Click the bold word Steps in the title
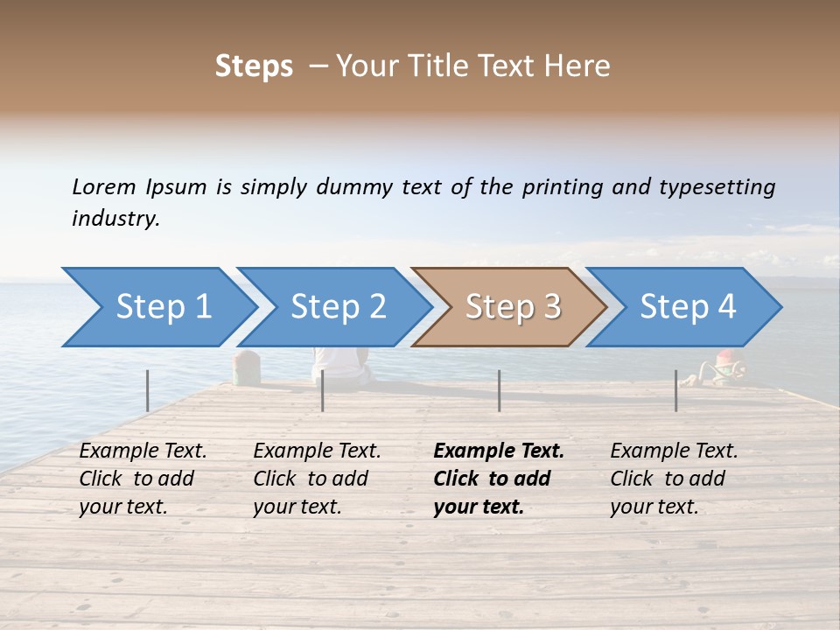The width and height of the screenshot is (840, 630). [254, 66]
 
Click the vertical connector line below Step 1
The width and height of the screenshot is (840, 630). [148, 390]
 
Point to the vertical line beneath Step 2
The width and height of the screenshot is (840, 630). [323, 390]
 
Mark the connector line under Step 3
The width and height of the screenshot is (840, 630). [499, 390]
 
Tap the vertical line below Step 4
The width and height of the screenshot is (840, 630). [675, 390]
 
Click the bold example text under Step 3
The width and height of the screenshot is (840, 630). [498, 479]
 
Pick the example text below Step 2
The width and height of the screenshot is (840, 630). [317, 479]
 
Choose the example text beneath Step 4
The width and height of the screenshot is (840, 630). [674, 479]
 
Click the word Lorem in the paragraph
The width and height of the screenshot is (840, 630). [104, 186]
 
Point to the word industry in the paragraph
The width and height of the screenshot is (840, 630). [115, 219]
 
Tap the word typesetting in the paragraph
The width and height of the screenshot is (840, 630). [717, 187]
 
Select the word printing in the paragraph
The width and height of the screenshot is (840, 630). [561, 187]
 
